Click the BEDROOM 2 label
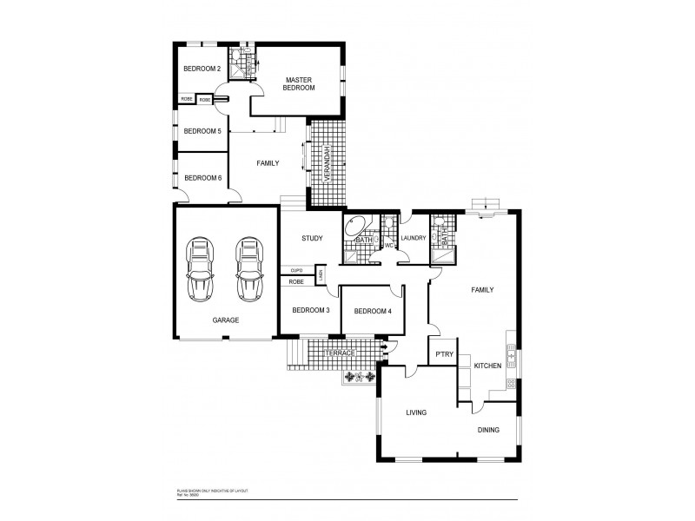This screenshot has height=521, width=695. pyautogui.click(x=201, y=69)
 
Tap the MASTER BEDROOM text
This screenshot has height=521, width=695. pyautogui.click(x=299, y=84)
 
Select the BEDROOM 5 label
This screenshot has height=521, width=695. pyautogui.click(x=201, y=131)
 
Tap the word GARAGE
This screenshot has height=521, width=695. pyautogui.click(x=226, y=320)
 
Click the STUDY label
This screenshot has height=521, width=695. pyautogui.click(x=312, y=239)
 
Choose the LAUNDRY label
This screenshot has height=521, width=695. pyautogui.click(x=414, y=238)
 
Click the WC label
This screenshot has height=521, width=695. pyautogui.click(x=390, y=245)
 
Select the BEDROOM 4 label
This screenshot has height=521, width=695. pyautogui.click(x=374, y=311)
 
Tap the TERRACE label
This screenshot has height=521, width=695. pyautogui.click(x=341, y=353)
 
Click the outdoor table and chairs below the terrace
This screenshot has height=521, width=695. pyautogui.click(x=360, y=377)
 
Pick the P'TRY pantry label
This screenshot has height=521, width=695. pyautogui.click(x=444, y=354)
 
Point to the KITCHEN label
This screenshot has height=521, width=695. pyautogui.click(x=487, y=366)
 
